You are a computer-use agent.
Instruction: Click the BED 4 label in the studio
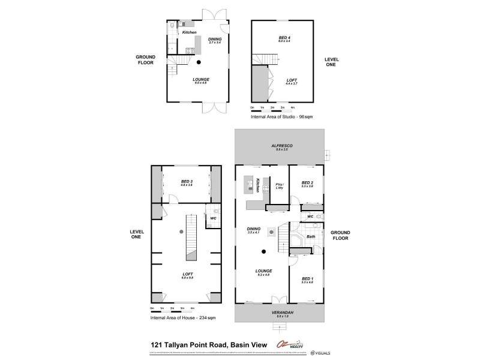(x=284, y=38)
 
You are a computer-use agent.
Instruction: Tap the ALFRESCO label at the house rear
(x=278, y=146)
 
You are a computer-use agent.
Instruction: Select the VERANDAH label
(x=278, y=314)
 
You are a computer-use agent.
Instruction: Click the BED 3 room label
(x=187, y=182)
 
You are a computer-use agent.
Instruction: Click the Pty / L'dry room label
(x=278, y=186)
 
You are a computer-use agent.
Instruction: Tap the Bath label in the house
(x=311, y=237)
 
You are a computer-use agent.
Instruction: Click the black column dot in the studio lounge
(x=199, y=62)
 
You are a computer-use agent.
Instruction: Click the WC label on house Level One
(x=212, y=218)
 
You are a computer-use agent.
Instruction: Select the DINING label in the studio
(x=215, y=40)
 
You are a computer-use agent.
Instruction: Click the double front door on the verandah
(x=277, y=301)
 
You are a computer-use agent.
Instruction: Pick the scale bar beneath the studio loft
(x=272, y=110)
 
